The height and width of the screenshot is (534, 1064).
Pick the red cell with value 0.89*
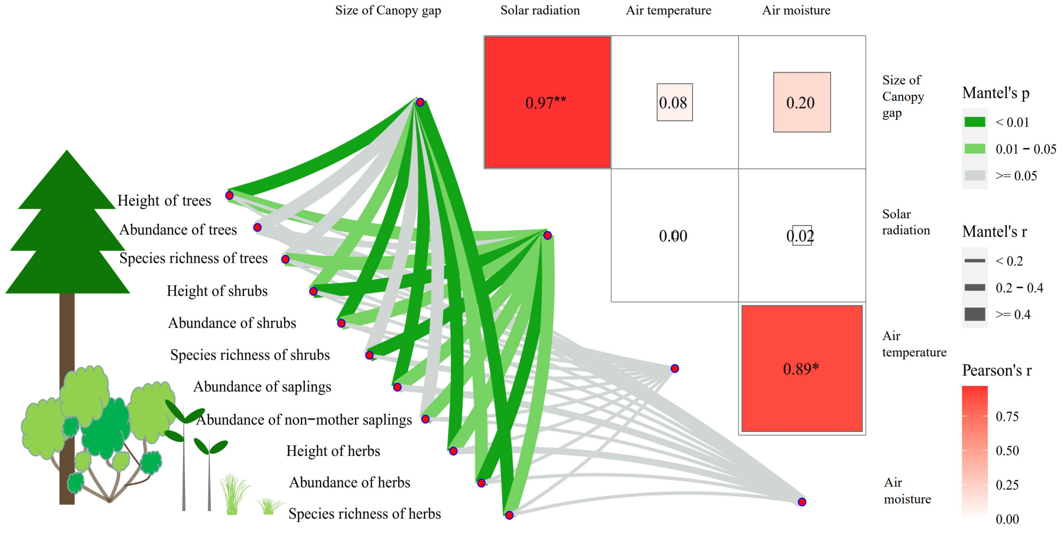point(801,368)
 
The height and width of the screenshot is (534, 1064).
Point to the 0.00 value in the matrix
point(673,236)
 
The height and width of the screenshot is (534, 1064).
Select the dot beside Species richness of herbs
point(509,515)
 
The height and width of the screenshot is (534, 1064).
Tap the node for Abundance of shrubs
point(341,323)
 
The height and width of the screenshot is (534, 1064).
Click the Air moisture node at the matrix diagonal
point(802,502)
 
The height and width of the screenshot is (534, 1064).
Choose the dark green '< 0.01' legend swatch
point(975,122)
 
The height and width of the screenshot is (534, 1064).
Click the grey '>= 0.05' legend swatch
point(975,175)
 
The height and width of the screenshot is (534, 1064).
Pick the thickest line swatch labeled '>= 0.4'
point(975,314)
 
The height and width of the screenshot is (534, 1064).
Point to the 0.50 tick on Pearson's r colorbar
point(1007,451)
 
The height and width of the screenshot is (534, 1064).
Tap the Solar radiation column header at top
point(540,10)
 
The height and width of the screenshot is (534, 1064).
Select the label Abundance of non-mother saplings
point(304,420)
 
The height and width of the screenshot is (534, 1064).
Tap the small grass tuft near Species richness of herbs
point(269,506)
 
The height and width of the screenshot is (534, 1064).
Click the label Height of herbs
point(333,451)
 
